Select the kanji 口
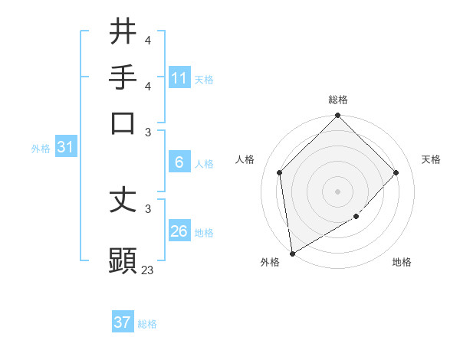[123, 123]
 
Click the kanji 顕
[123, 260]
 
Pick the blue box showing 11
[179, 78]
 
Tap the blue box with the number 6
[179, 162]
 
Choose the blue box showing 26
[179, 231]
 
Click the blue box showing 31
[65, 148]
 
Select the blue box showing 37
[123, 322]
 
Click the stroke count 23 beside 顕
[147, 270]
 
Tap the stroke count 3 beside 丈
[148, 208]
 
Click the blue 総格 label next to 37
[147, 324]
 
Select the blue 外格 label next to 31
[41, 149]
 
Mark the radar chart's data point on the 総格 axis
[337, 116]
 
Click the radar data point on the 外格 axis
[292, 253]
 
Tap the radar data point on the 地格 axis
[356, 217]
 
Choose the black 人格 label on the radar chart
[245, 159]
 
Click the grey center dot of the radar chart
[337, 191]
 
